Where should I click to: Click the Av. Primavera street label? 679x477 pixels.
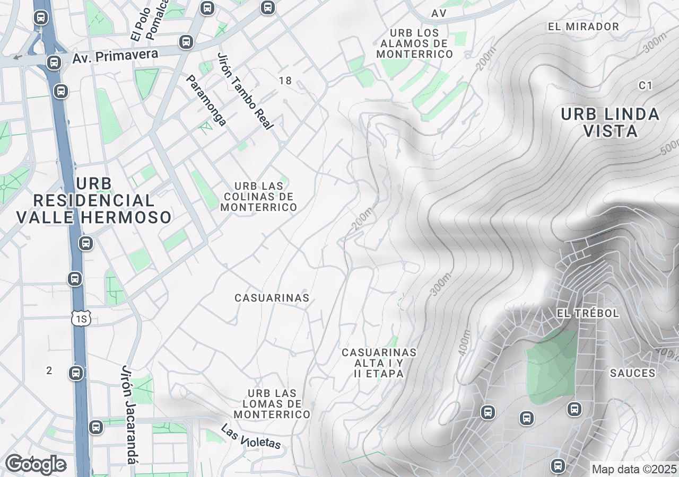[116, 56]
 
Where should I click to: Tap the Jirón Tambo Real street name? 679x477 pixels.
[245, 91]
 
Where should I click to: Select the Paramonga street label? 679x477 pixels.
[206, 101]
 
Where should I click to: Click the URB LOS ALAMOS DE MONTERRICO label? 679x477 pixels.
[415, 43]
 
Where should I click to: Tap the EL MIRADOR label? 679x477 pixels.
[584, 26]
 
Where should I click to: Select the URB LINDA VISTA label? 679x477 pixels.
[610, 122]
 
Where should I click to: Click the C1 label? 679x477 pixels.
[646, 85]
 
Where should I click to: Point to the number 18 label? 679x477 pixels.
[285, 81]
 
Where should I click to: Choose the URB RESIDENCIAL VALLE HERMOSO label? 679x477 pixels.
[94, 201]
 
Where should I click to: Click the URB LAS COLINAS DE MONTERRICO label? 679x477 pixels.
[259, 197]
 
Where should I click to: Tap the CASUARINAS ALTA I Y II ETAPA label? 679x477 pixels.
[379, 363]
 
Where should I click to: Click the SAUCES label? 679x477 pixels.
[632, 373]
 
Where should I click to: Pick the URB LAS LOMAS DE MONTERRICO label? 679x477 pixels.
[272, 403]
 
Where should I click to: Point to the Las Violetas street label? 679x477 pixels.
[250, 437]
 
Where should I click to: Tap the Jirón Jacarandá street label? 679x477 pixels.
[129, 414]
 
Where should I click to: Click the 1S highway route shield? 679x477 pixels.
[81, 318]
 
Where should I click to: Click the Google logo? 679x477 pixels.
[36, 464]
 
